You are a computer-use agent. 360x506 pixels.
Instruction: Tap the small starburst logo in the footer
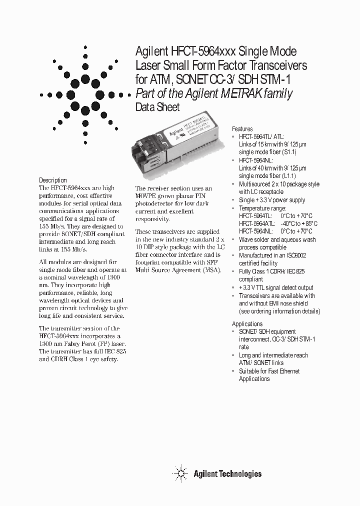180,473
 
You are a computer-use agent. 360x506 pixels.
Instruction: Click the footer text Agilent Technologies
227,473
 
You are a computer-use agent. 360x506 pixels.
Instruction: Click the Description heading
53,180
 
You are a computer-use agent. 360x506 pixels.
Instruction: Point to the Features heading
242,128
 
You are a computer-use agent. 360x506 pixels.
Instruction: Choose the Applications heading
247,323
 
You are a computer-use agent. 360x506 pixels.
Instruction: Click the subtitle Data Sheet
157,107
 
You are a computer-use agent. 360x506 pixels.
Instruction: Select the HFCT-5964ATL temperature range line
278,223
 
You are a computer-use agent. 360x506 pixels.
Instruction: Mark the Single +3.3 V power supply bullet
271,200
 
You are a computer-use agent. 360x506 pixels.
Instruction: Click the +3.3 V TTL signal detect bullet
276,287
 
